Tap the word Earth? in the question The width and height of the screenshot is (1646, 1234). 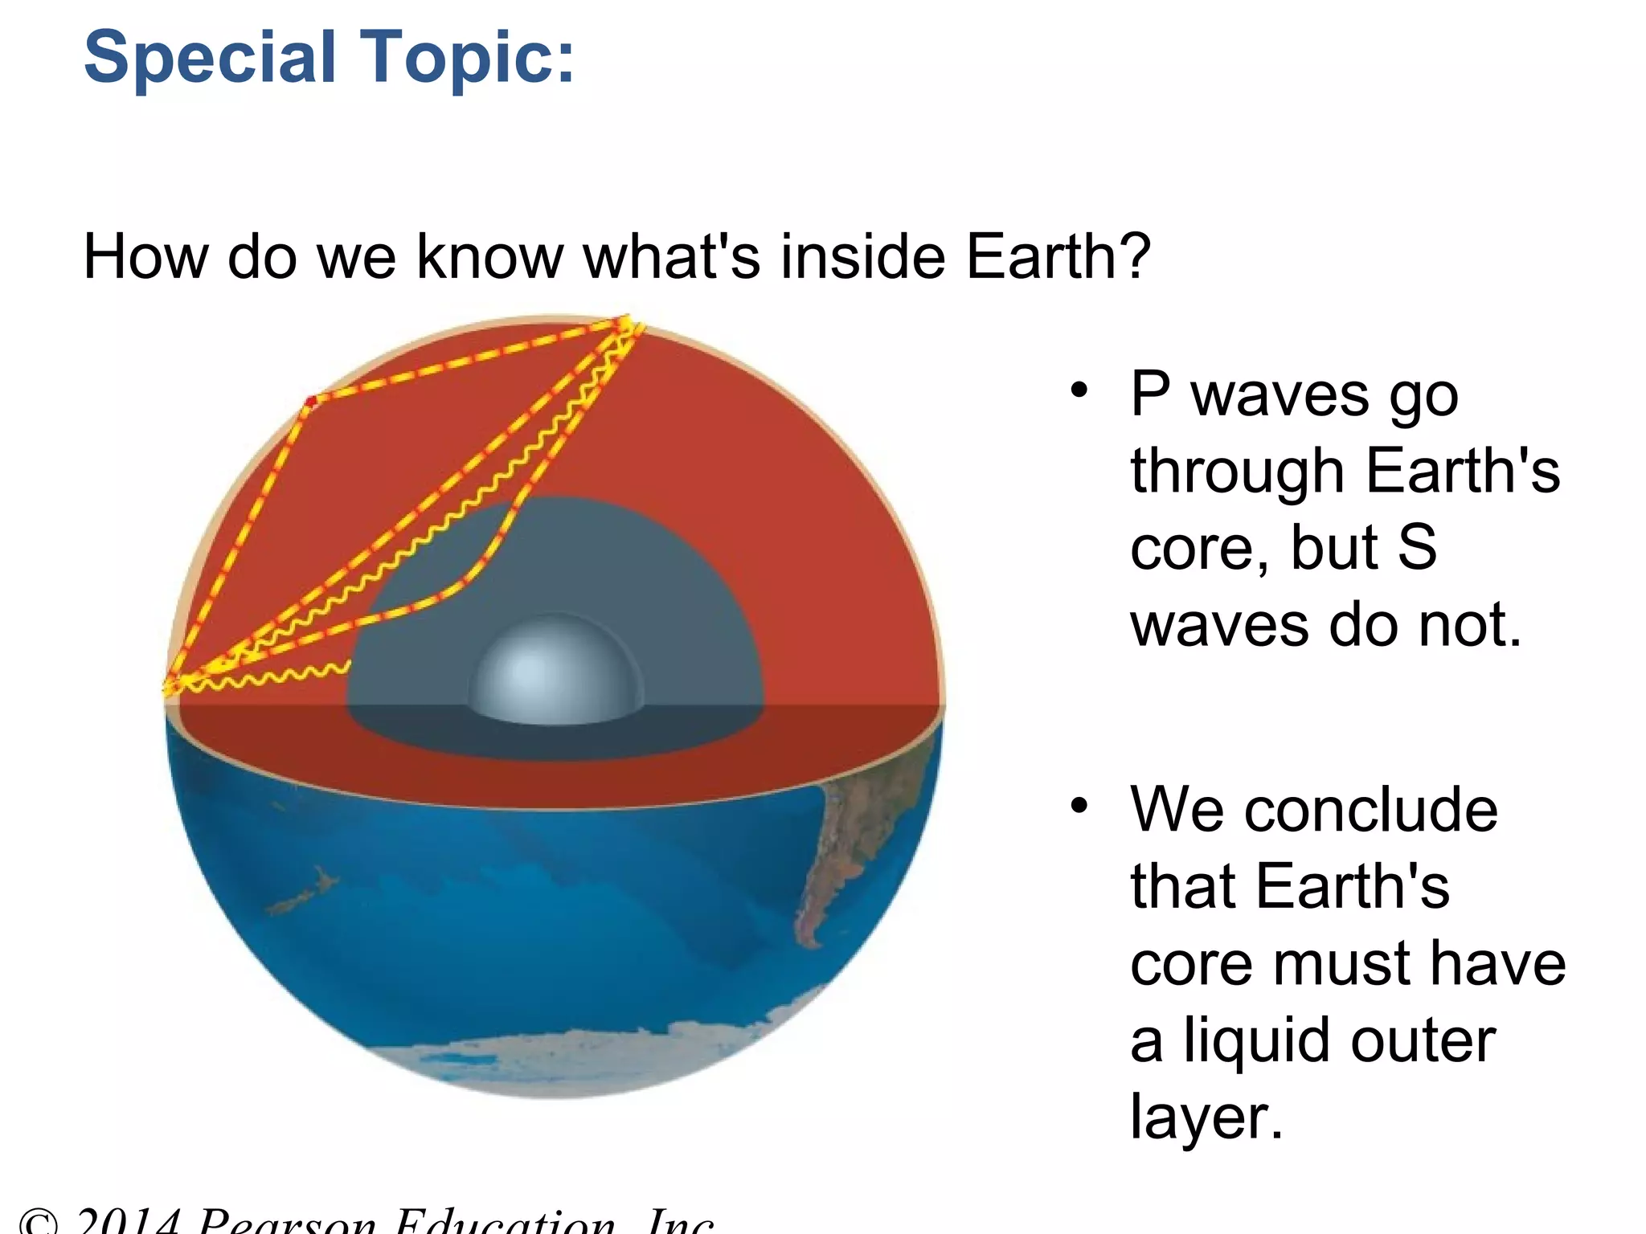pos(1058,257)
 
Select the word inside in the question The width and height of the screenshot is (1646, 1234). pos(863,257)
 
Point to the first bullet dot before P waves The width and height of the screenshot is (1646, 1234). pos(1079,391)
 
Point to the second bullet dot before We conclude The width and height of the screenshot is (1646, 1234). pos(1079,805)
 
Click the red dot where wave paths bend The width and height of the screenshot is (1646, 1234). pos(312,400)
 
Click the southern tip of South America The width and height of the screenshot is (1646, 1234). pos(809,936)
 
